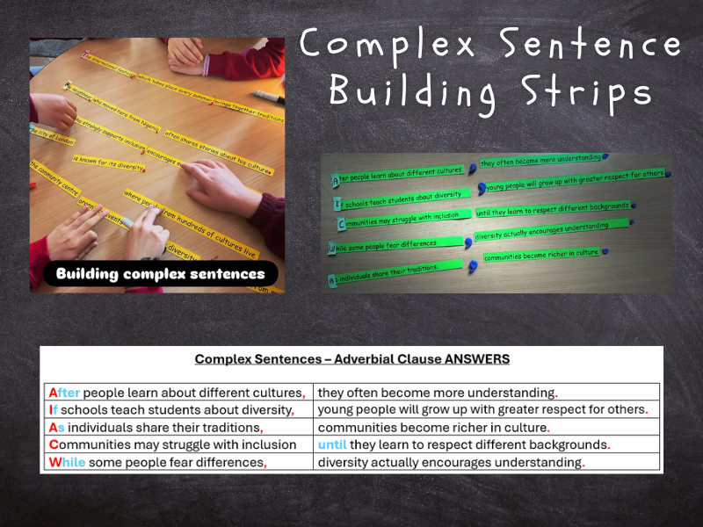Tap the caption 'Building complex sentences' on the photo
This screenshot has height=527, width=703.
[x=161, y=274]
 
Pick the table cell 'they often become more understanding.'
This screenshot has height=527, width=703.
[x=438, y=393]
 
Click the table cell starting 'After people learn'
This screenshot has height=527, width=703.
[x=178, y=393]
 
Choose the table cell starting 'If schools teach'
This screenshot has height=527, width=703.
[x=171, y=409]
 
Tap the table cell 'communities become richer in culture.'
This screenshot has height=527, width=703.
[x=433, y=428]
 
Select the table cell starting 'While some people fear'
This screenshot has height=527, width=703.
[x=157, y=462]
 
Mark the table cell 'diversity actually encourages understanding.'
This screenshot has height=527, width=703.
[x=451, y=462]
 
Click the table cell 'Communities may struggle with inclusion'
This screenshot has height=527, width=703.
[x=172, y=444]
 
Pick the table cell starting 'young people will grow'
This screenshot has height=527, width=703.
[x=482, y=409]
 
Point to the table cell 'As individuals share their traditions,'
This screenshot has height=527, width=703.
[x=156, y=428]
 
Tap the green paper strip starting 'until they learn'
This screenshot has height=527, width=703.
[x=552, y=209]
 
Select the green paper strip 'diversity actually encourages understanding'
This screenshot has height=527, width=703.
[x=541, y=230]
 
